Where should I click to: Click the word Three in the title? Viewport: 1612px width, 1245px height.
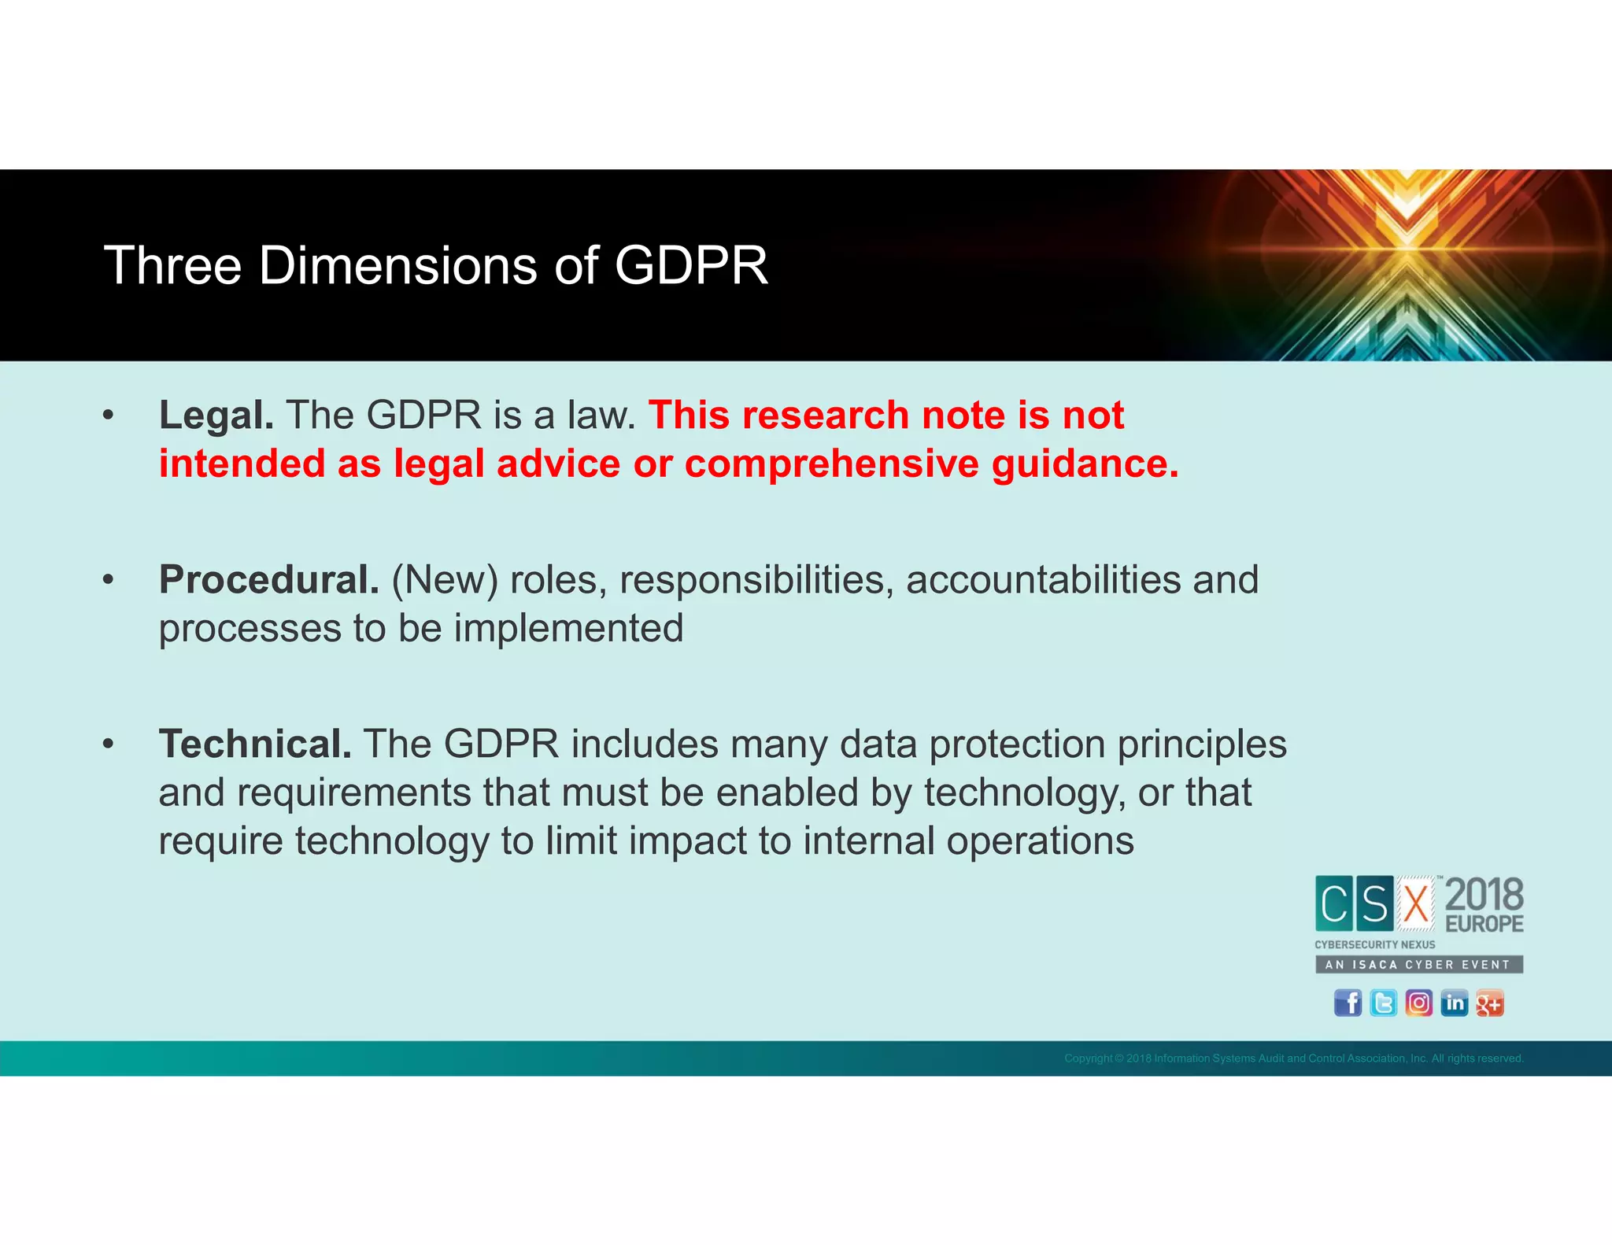pos(172,266)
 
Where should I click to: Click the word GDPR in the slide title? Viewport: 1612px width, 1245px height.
pos(690,266)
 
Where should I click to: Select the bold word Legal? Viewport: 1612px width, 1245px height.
pos(216,416)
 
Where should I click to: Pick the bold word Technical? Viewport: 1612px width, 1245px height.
pos(255,744)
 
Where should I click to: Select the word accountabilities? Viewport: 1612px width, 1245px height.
pos(1043,580)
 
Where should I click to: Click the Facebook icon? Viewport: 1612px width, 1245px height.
pos(1348,1003)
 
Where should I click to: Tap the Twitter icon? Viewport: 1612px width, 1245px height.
pos(1383,1003)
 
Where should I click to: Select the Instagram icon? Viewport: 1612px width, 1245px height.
pos(1418,1003)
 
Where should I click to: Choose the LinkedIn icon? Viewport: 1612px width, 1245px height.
pos(1454,1003)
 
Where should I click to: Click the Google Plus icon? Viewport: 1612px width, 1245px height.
pos(1489,1003)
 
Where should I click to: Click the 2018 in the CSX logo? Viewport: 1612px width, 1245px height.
pos(1484,896)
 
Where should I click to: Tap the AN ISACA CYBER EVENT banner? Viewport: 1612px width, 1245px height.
pos(1418,965)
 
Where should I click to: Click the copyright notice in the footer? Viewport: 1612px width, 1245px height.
pos(1293,1058)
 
